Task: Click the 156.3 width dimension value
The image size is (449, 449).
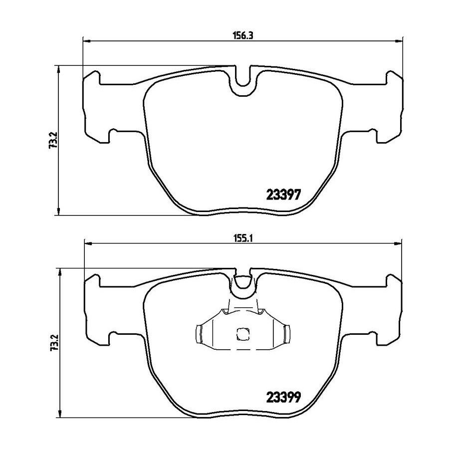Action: pyautogui.click(x=242, y=35)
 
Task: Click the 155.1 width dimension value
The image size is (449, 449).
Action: pyautogui.click(x=242, y=238)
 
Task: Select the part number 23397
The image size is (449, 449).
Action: pyautogui.click(x=284, y=195)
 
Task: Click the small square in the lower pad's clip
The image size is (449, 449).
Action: pyautogui.click(x=242, y=334)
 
